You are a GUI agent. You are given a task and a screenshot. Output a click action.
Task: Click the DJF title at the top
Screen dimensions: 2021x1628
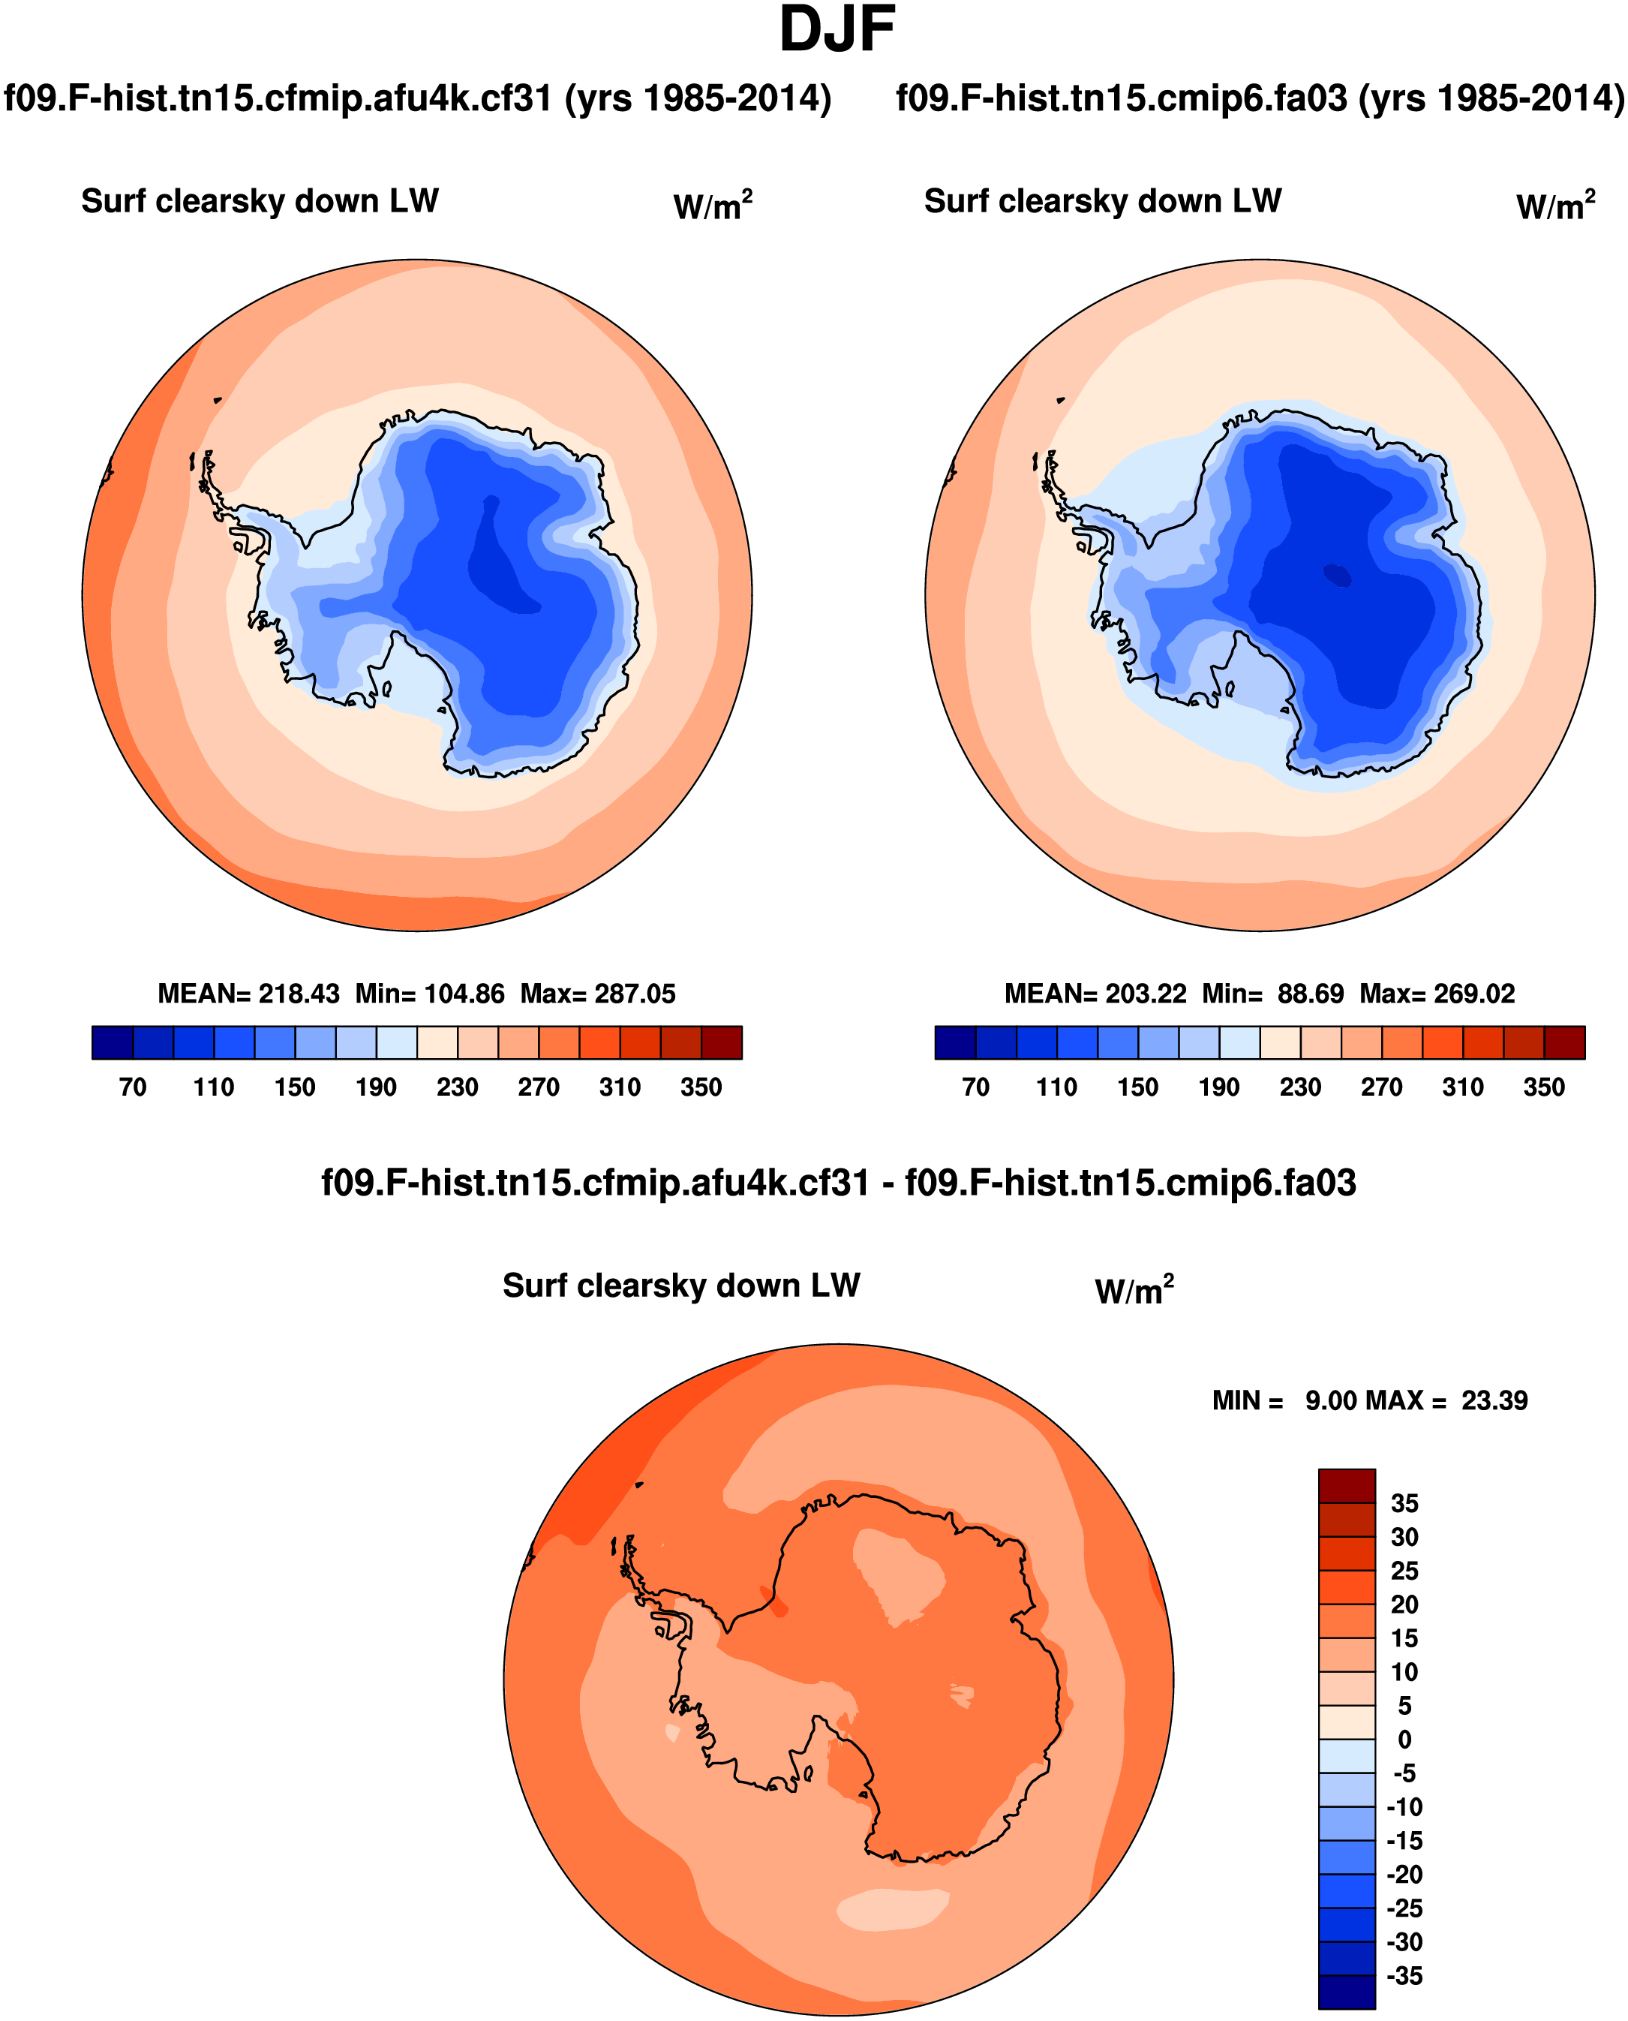tap(837, 30)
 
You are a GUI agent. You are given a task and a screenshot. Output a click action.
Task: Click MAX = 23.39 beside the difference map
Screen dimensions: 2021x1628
tap(1446, 1401)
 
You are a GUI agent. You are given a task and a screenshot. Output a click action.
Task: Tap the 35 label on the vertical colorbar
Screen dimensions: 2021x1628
tap(1404, 1504)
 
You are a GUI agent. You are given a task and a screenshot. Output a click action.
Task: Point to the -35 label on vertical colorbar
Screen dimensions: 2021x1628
tap(1404, 1977)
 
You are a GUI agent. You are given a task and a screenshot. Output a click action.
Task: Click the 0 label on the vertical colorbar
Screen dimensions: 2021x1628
tap(1404, 1740)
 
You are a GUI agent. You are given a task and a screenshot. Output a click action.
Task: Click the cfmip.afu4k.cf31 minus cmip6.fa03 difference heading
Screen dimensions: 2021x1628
tap(839, 1183)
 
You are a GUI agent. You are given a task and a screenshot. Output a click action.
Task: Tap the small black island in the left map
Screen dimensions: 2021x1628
tap(218, 401)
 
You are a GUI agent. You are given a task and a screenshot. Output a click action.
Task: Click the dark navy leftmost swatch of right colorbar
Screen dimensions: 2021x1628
tap(956, 1043)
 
